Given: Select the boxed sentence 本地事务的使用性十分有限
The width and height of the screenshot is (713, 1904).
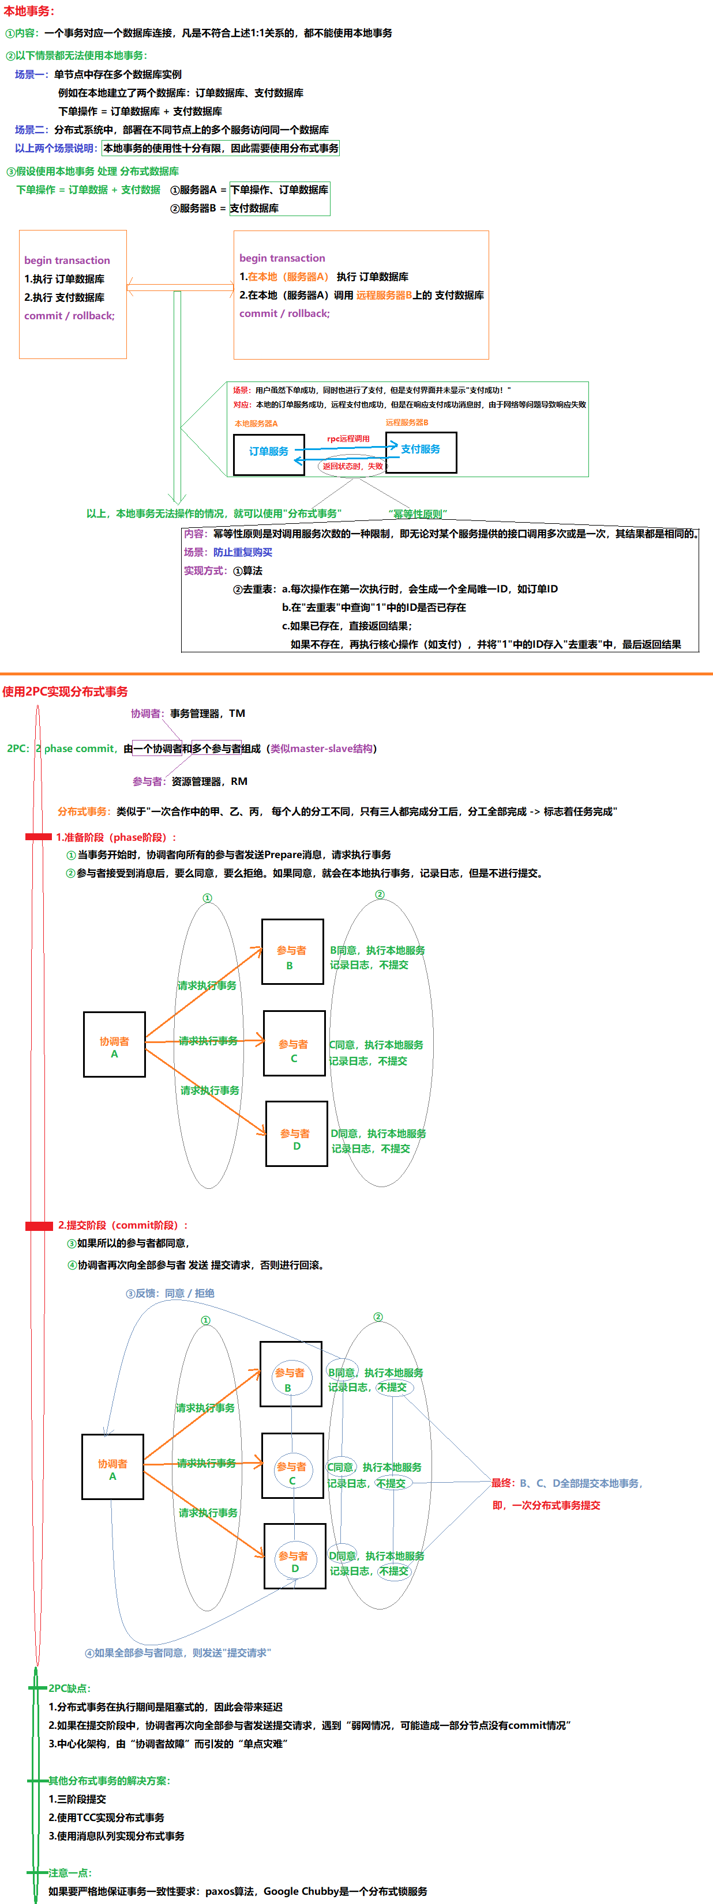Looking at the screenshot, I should tap(220, 149).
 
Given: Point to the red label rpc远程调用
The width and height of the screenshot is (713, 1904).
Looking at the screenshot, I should tap(348, 439).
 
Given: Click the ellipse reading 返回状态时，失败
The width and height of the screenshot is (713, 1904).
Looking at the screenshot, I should tap(354, 466).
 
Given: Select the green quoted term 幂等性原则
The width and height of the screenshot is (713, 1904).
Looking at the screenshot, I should tap(418, 513).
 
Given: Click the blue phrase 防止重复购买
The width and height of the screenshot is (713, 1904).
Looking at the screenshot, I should tap(243, 552).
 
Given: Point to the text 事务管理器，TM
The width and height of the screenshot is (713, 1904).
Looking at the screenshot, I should tap(208, 713).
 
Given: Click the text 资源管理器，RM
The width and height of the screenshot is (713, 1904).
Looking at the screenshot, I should tap(209, 781).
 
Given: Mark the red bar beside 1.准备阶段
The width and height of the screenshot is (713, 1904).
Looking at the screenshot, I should tap(39, 837).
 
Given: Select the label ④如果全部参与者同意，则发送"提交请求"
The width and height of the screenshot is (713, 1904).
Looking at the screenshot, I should tap(178, 1653).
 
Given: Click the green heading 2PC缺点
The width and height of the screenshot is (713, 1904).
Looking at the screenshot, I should tap(70, 1688).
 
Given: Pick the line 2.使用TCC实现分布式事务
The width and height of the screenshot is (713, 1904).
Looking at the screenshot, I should tap(107, 1818).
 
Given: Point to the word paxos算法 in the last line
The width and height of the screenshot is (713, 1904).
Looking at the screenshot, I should tap(230, 1891).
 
